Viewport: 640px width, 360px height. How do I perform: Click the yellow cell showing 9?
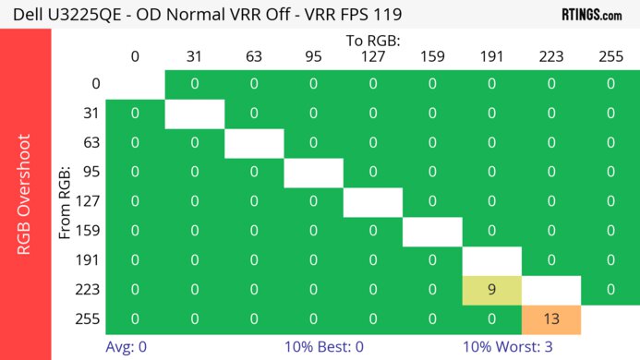click(491, 290)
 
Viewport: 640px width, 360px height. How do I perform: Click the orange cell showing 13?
click(550, 318)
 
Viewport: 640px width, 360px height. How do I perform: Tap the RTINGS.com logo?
click(592, 15)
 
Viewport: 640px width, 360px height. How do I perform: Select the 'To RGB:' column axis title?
click(372, 41)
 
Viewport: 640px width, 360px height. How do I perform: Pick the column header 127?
click(372, 56)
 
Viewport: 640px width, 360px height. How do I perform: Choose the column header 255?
click(610, 56)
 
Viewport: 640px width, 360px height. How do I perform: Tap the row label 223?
click(86, 290)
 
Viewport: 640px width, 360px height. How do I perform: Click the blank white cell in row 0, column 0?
click(135, 83)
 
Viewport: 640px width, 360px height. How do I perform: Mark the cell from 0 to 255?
click(610, 83)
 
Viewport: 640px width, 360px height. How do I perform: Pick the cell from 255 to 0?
click(135, 318)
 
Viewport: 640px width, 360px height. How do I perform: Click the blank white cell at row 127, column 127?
click(372, 201)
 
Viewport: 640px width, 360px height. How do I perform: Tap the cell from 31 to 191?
click(491, 113)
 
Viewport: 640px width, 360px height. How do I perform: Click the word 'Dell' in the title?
click(25, 16)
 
